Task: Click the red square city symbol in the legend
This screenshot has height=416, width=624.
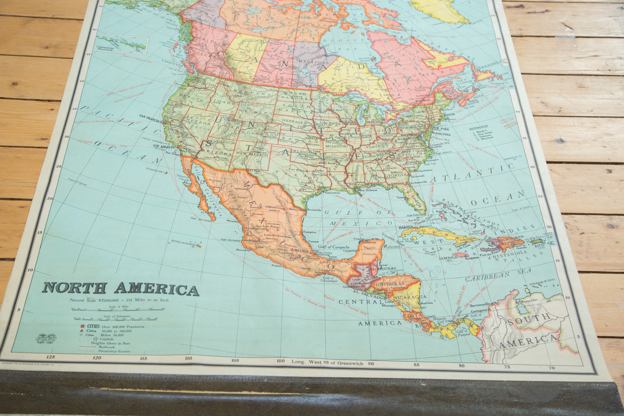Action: click(x=83, y=326)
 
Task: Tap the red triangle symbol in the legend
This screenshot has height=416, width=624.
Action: click(x=83, y=331)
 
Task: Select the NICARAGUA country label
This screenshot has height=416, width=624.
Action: click(x=409, y=297)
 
